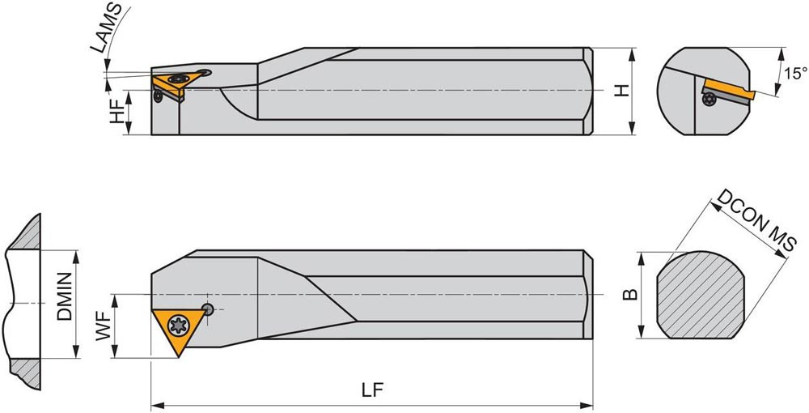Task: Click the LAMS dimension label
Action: (108, 28)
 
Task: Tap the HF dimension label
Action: (117, 112)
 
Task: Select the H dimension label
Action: (623, 91)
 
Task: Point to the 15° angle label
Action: (795, 74)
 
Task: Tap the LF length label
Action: (372, 390)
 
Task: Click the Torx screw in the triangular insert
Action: (179, 326)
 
